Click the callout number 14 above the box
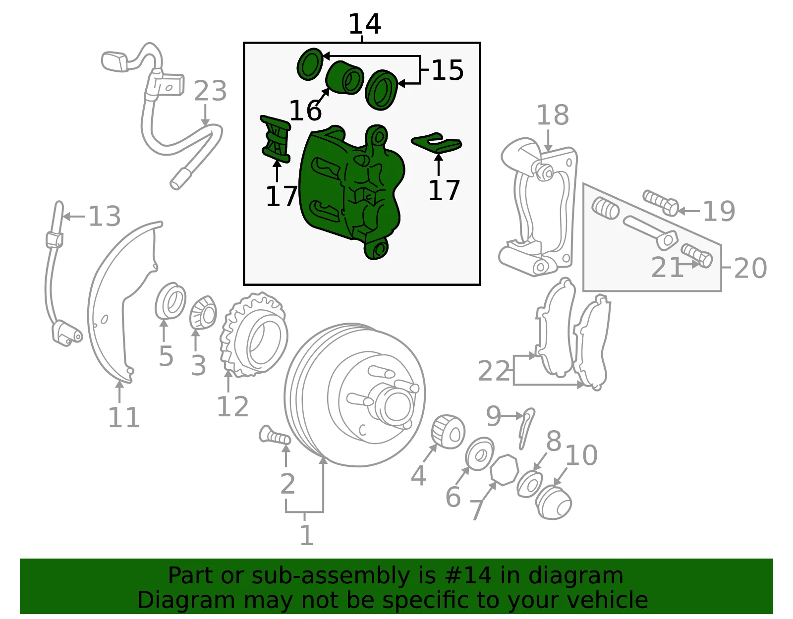365,24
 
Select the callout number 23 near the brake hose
210,91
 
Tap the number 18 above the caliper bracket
553,115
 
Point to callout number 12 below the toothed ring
232,406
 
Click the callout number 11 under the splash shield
124,417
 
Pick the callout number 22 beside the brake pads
493,371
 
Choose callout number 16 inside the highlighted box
305,110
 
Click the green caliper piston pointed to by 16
344,78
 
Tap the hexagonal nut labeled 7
505,470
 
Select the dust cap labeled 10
553,502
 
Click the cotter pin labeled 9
526,428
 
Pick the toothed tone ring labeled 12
254,335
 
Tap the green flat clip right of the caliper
437,143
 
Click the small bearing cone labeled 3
203,313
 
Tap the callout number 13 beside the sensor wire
105,216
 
